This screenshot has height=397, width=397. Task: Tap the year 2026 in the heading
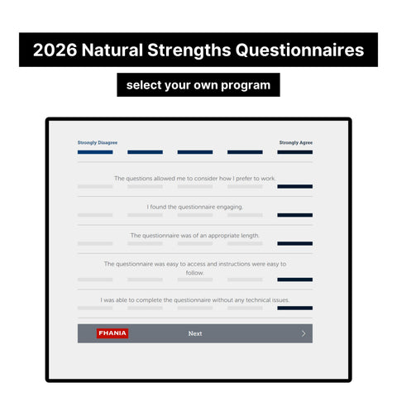click(x=55, y=50)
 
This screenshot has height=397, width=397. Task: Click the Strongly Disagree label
click(x=97, y=142)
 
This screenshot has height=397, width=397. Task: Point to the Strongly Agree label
click(x=295, y=142)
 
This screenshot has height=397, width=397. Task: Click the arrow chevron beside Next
click(x=304, y=333)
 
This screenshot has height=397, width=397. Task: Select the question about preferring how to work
click(x=195, y=178)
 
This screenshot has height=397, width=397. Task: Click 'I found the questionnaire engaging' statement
click(x=195, y=207)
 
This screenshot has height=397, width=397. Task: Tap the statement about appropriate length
click(x=195, y=235)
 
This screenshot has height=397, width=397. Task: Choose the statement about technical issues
click(x=195, y=299)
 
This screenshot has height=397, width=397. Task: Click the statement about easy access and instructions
click(x=195, y=268)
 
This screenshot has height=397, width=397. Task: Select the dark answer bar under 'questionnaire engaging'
click(x=295, y=215)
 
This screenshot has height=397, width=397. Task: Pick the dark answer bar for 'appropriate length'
click(x=295, y=243)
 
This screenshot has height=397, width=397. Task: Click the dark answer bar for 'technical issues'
click(x=295, y=308)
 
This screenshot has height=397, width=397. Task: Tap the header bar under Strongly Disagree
click(x=95, y=152)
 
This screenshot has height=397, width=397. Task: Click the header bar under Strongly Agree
click(x=295, y=152)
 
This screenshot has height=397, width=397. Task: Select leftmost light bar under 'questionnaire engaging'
click(x=95, y=215)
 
